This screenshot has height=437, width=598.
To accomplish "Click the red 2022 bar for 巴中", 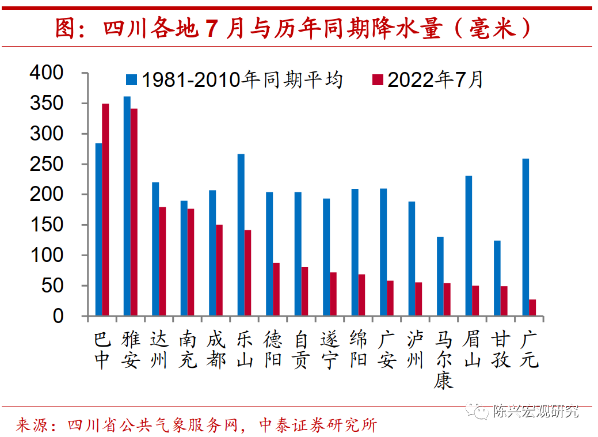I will coord(105,210).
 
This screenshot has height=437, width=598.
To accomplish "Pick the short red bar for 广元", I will coord(532,307).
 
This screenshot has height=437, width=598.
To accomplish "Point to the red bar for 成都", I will coord(219,270).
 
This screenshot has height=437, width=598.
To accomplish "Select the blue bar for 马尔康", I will coord(440,276).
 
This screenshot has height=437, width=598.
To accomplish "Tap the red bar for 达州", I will coord(162,261).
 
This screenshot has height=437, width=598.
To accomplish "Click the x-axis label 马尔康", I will coord(443,359).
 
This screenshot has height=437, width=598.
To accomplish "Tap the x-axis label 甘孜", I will coord(500,350).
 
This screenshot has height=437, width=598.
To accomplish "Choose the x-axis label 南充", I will coord(187,350).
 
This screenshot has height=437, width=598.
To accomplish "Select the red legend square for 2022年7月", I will coord(377,80).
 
